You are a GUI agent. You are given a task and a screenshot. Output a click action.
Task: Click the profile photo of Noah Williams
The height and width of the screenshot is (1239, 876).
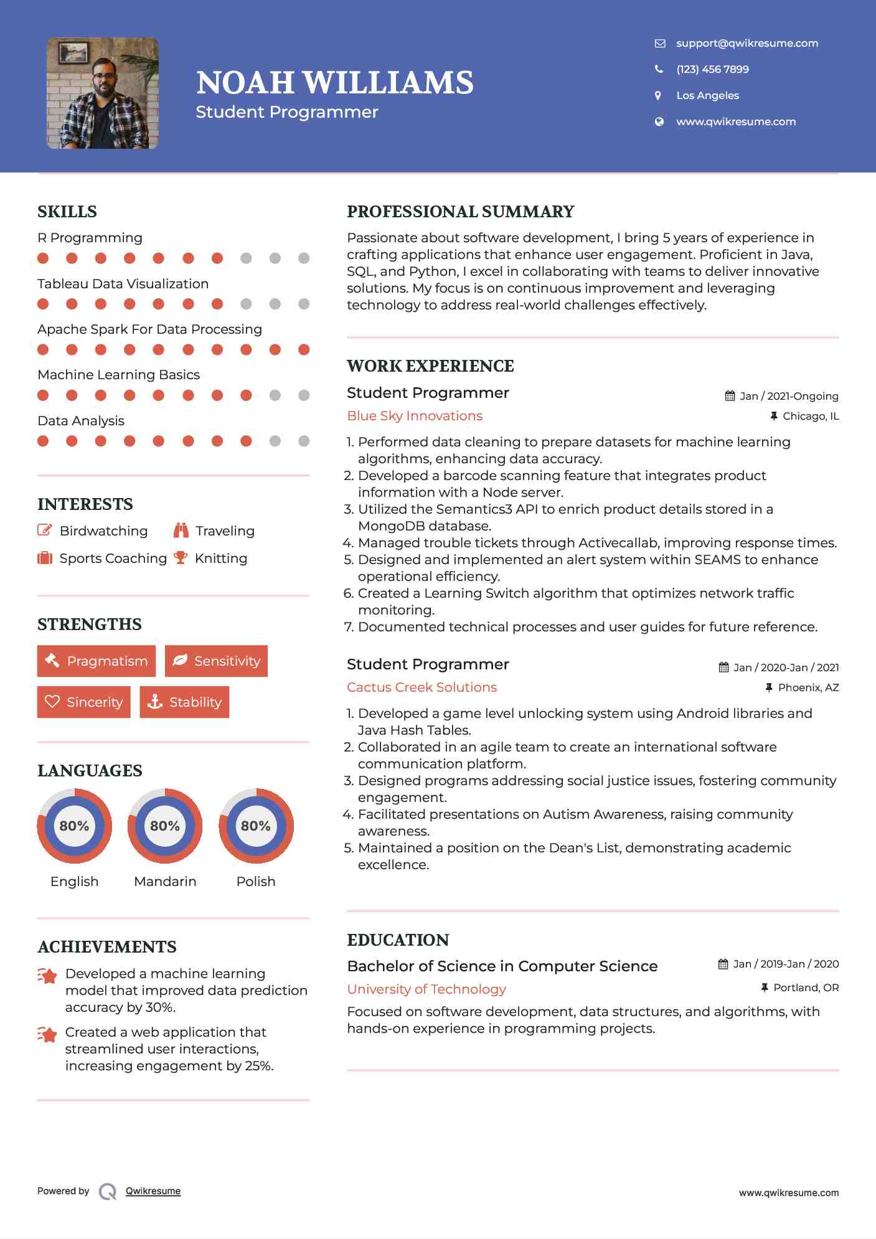tap(103, 93)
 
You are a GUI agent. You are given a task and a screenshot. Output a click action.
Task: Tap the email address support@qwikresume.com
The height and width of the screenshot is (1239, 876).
tap(746, 43)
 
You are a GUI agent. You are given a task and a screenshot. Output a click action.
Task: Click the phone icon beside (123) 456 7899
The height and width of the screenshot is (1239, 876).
tap(659, 69)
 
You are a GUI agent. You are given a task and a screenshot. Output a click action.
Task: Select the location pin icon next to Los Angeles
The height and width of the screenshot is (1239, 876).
tap(658, 95)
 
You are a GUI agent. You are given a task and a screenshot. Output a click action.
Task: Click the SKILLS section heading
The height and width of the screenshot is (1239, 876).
tap(67, 212)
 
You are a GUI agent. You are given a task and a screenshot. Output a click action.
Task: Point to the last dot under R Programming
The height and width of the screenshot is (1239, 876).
tap(304, 258)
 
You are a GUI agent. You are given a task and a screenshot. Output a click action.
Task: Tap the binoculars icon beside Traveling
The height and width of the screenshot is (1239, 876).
tap(181, 530)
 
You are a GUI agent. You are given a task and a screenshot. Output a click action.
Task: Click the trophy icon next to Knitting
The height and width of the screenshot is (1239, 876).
tap(181, 558)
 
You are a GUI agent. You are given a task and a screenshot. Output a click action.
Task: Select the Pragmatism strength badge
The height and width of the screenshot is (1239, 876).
tap(97, 661)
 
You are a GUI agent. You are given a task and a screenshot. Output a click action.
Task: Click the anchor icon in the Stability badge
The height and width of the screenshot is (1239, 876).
tap(155, 702)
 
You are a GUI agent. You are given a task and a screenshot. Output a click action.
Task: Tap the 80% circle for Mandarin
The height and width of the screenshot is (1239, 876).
tap(165, 826)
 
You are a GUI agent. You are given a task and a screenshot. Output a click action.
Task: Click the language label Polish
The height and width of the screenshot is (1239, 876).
tap(256, 881)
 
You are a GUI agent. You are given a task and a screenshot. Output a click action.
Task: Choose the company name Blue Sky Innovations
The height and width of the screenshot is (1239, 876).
tap(415, 416)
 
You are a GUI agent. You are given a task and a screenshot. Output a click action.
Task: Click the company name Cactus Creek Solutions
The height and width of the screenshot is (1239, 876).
tap(422, 687)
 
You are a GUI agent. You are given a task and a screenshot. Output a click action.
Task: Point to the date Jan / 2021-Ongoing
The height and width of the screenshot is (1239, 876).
tap(789, 396)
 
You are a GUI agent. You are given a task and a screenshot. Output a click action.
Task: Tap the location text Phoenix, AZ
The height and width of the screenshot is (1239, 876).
tap(808, 687)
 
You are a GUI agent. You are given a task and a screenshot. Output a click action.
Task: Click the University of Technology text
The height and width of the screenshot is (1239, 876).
tap(426, 989)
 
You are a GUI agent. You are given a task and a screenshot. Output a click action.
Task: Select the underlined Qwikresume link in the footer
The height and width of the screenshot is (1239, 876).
tap(153, 1191)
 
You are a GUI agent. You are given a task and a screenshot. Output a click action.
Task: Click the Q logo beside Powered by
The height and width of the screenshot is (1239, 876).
tap(108, 1192)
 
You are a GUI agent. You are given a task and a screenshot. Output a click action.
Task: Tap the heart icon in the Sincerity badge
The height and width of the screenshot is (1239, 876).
tap(52, 702)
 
